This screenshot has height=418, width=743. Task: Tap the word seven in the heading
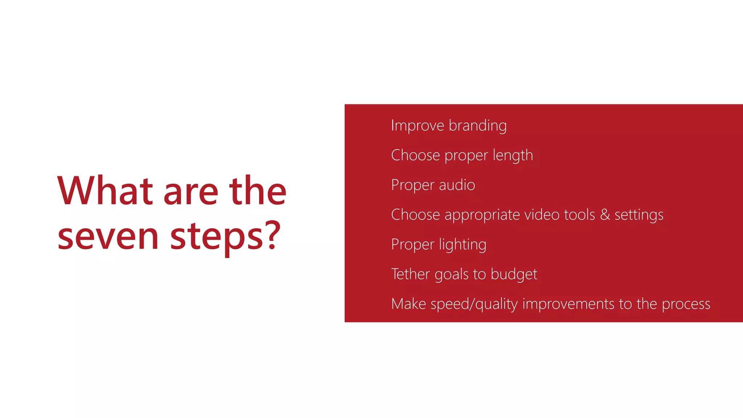(108, 237)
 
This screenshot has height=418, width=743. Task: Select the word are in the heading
(191, 192)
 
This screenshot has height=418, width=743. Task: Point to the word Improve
(418, 126)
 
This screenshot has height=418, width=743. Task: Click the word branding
(477, 126)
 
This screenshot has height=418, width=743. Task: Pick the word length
(513, 155)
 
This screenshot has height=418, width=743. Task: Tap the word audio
(457, 185)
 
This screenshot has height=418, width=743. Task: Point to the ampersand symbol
(605, 215)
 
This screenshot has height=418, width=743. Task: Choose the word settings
(639, 215)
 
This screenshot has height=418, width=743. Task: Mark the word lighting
(463, 245)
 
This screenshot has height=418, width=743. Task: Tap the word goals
(451, 274)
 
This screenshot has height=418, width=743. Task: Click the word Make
(409, 304)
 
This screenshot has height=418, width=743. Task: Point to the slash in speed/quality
(472, 304)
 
